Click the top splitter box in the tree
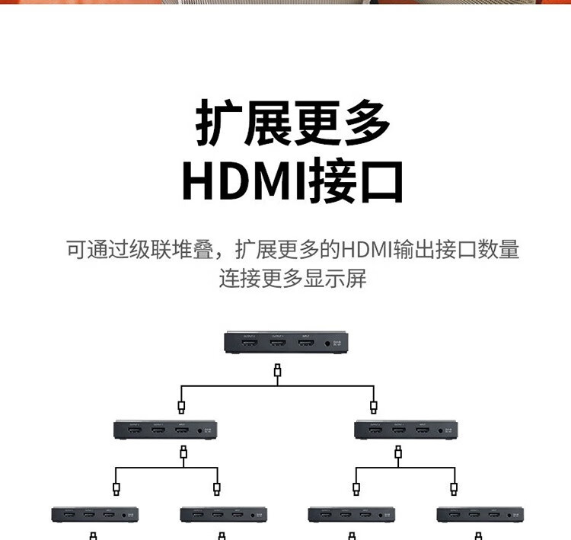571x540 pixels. point(289,342)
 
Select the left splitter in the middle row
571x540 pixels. point(166,430)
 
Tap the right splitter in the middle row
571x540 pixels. point(406,430)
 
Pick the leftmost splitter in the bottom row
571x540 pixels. point(95,515)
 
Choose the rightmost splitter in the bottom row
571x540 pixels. point(480,515)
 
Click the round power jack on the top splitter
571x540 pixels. point(328,344)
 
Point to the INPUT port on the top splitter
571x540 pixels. point(305,344)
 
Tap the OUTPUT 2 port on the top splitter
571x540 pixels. point(249,344)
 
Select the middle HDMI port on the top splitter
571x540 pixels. point(277,344)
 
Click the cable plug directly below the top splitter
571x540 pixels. point(278,371)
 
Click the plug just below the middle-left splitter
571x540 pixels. point(183,454)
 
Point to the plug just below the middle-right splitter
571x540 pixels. point(398,454)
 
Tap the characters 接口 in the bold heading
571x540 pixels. point(355,181)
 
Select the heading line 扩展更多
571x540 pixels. point(293,122)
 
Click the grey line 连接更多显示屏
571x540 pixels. point(293,278)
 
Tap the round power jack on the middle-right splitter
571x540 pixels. point(442,432)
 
